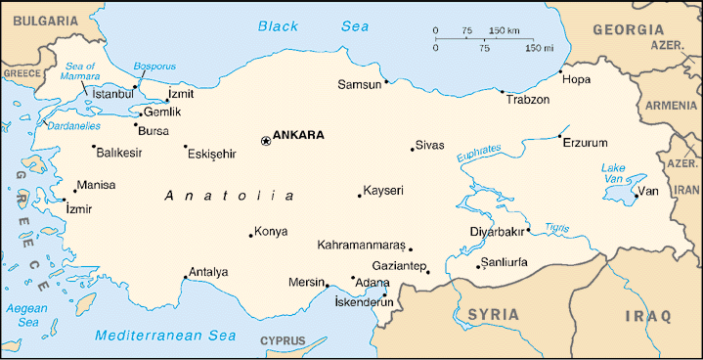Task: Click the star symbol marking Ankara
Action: pyautogui.click(x=265, y=141)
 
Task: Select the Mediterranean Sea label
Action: pyautogui.click(x=166, y=336)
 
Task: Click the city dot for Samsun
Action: pyautogui.click(x=386, y=81)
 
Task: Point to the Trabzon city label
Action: pyautogui.click(x=527, y=100)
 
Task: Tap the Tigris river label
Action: pyautogui.click(x=556, y=227)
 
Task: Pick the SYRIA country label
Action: pyautogui.click(x=494, y=314)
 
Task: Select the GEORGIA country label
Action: pyautogui.click(x=634, y=30)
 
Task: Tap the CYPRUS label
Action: pyautogui.click(x=283, y=341)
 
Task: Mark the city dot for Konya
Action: pyautogui.click(x=250, y=235)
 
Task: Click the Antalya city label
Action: pyautogui.click(x=208, y=272)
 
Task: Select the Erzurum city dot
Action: pyautogui.click(x=559, y=136)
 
